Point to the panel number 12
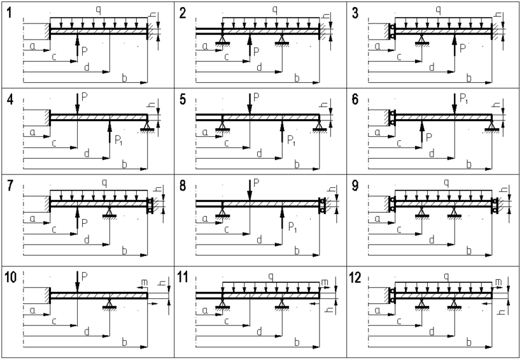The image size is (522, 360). pos(358,277)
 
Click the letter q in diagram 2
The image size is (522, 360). pos(274,10)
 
